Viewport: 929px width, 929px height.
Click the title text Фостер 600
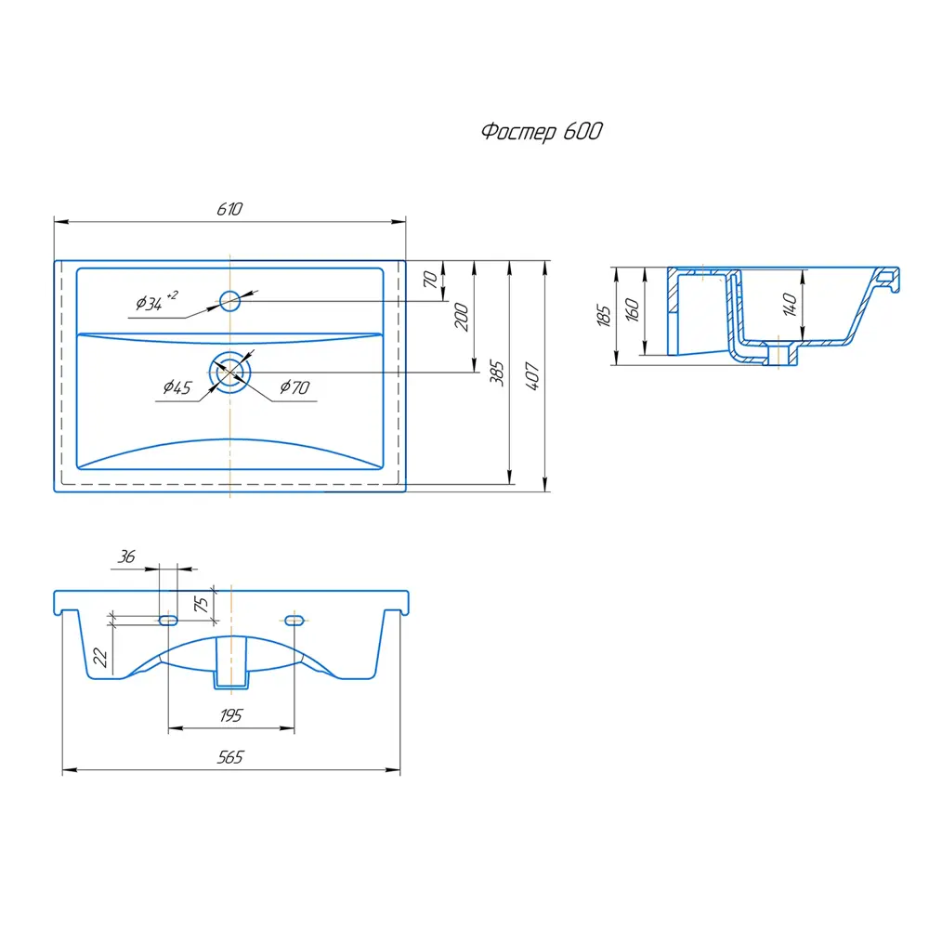(x=542, y=131)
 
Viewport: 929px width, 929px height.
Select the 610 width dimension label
(x=229, y=209)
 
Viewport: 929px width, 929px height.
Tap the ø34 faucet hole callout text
(x=156, y=302)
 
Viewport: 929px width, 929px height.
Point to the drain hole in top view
(x=229, y=373)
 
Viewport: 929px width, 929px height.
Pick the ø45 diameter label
(x=177, y=387)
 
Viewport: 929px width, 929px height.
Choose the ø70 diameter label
(x=294, y=387)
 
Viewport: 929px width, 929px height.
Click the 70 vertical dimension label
(x=430, y=279)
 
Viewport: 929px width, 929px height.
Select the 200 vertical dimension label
(x=462, y=317)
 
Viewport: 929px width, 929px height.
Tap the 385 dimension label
(x=496, y=373)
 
